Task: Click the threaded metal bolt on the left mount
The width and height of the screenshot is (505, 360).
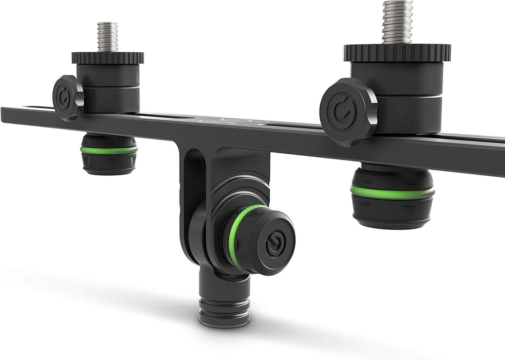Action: pos(107,36)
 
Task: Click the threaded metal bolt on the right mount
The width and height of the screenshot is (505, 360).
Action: pos(397,21)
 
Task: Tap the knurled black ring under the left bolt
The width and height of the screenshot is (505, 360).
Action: pos(108,58)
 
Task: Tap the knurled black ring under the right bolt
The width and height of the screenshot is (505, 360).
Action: pos(397,52)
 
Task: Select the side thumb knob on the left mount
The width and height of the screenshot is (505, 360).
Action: pos(67,98)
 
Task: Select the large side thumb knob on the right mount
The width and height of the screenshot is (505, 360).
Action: pos(348,112)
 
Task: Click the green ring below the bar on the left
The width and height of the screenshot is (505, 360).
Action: pos(109,150)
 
